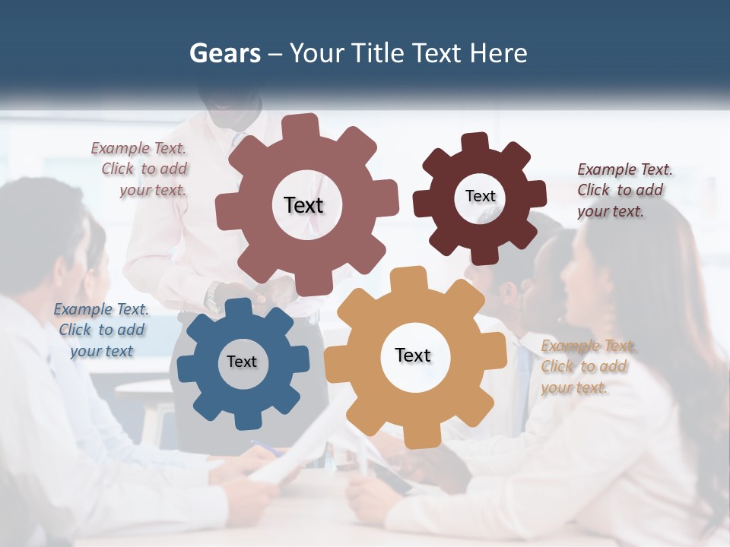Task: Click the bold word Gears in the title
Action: pos(225,53)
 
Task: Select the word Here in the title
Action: pos(499,53)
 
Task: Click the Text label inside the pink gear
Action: pos(303,205)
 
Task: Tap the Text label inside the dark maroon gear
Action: pos(480,196)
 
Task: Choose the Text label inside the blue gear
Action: pos(242,362)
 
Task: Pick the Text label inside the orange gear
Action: pos(413,355)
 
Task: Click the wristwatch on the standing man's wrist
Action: pos(214,292)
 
